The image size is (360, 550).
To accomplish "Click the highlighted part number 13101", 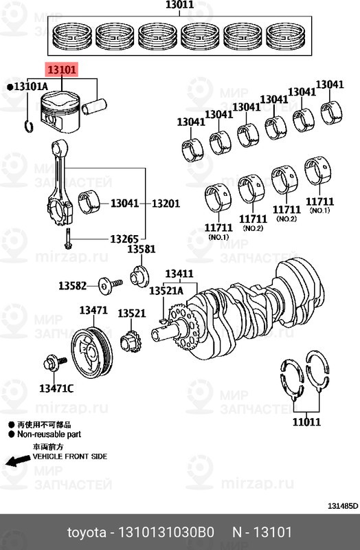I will click(62, 69).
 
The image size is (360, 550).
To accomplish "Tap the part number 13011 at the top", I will click(180, 6).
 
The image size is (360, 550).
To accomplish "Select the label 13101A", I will click(28, 86).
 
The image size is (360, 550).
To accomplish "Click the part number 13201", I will click(166, 203).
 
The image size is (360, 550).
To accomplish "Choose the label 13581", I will click(141, 249).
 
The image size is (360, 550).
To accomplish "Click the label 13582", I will click(72, 285).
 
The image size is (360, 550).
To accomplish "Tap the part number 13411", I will click(179, 274).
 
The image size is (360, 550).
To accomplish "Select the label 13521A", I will click(166, 291).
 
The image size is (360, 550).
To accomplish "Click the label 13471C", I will click(56, 388).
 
